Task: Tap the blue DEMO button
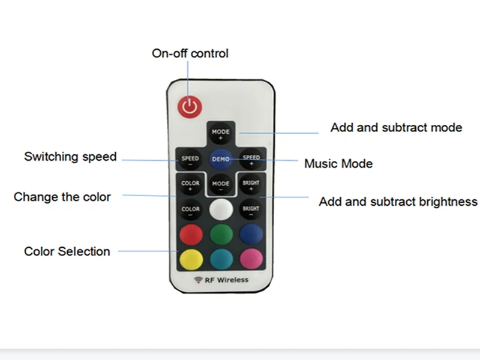[x=220, y=159]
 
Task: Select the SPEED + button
[x=251, y=159]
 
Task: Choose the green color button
[x=220, y=233]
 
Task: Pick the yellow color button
[x=190, y=259]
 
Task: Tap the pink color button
[x=251, y=259]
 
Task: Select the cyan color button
[x=220, y=259]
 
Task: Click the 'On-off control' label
[x=190, y=53]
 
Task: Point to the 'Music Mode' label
[x=338, y=163]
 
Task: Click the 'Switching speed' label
[x=70, y=157]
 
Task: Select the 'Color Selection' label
[x=67, y=251]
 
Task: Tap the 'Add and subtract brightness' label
[x=398, y=202]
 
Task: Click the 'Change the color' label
[x=62, y=197]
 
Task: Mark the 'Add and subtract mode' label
[x=396, y=127]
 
